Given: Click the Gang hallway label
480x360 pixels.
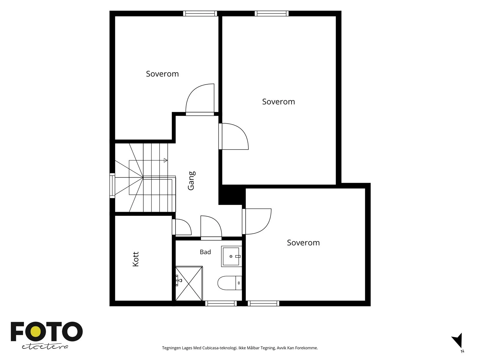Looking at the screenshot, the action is (191, 181).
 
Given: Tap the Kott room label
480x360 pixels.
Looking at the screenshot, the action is (136, 259).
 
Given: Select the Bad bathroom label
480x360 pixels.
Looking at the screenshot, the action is (205, 252).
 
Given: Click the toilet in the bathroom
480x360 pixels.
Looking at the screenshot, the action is (229, 283).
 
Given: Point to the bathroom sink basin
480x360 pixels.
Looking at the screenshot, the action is (231, 256).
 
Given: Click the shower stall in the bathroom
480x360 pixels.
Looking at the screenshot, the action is (189, 283).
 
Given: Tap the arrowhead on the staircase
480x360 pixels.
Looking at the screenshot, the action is (166, 160).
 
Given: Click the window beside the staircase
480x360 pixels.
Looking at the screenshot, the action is (112, 186).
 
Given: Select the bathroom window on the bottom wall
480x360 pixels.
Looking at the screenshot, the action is (221, 303).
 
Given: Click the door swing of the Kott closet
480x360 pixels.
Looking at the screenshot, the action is (184, 227).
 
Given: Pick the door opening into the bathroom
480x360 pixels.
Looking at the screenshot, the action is (211, 228).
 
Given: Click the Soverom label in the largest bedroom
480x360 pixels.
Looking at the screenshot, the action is (278, 102).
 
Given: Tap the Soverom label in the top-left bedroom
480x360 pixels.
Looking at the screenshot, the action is (162, 74).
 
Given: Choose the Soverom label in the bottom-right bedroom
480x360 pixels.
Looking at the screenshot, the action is (303, 243).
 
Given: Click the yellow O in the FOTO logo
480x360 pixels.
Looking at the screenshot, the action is (36, 332).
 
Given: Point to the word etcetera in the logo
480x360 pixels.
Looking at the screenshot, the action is (45, 347).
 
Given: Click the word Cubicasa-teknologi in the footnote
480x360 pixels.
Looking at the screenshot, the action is (220, 348).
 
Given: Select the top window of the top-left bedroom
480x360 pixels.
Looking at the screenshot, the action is (200, 13).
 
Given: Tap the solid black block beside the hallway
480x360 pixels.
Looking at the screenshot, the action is (232, 195).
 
